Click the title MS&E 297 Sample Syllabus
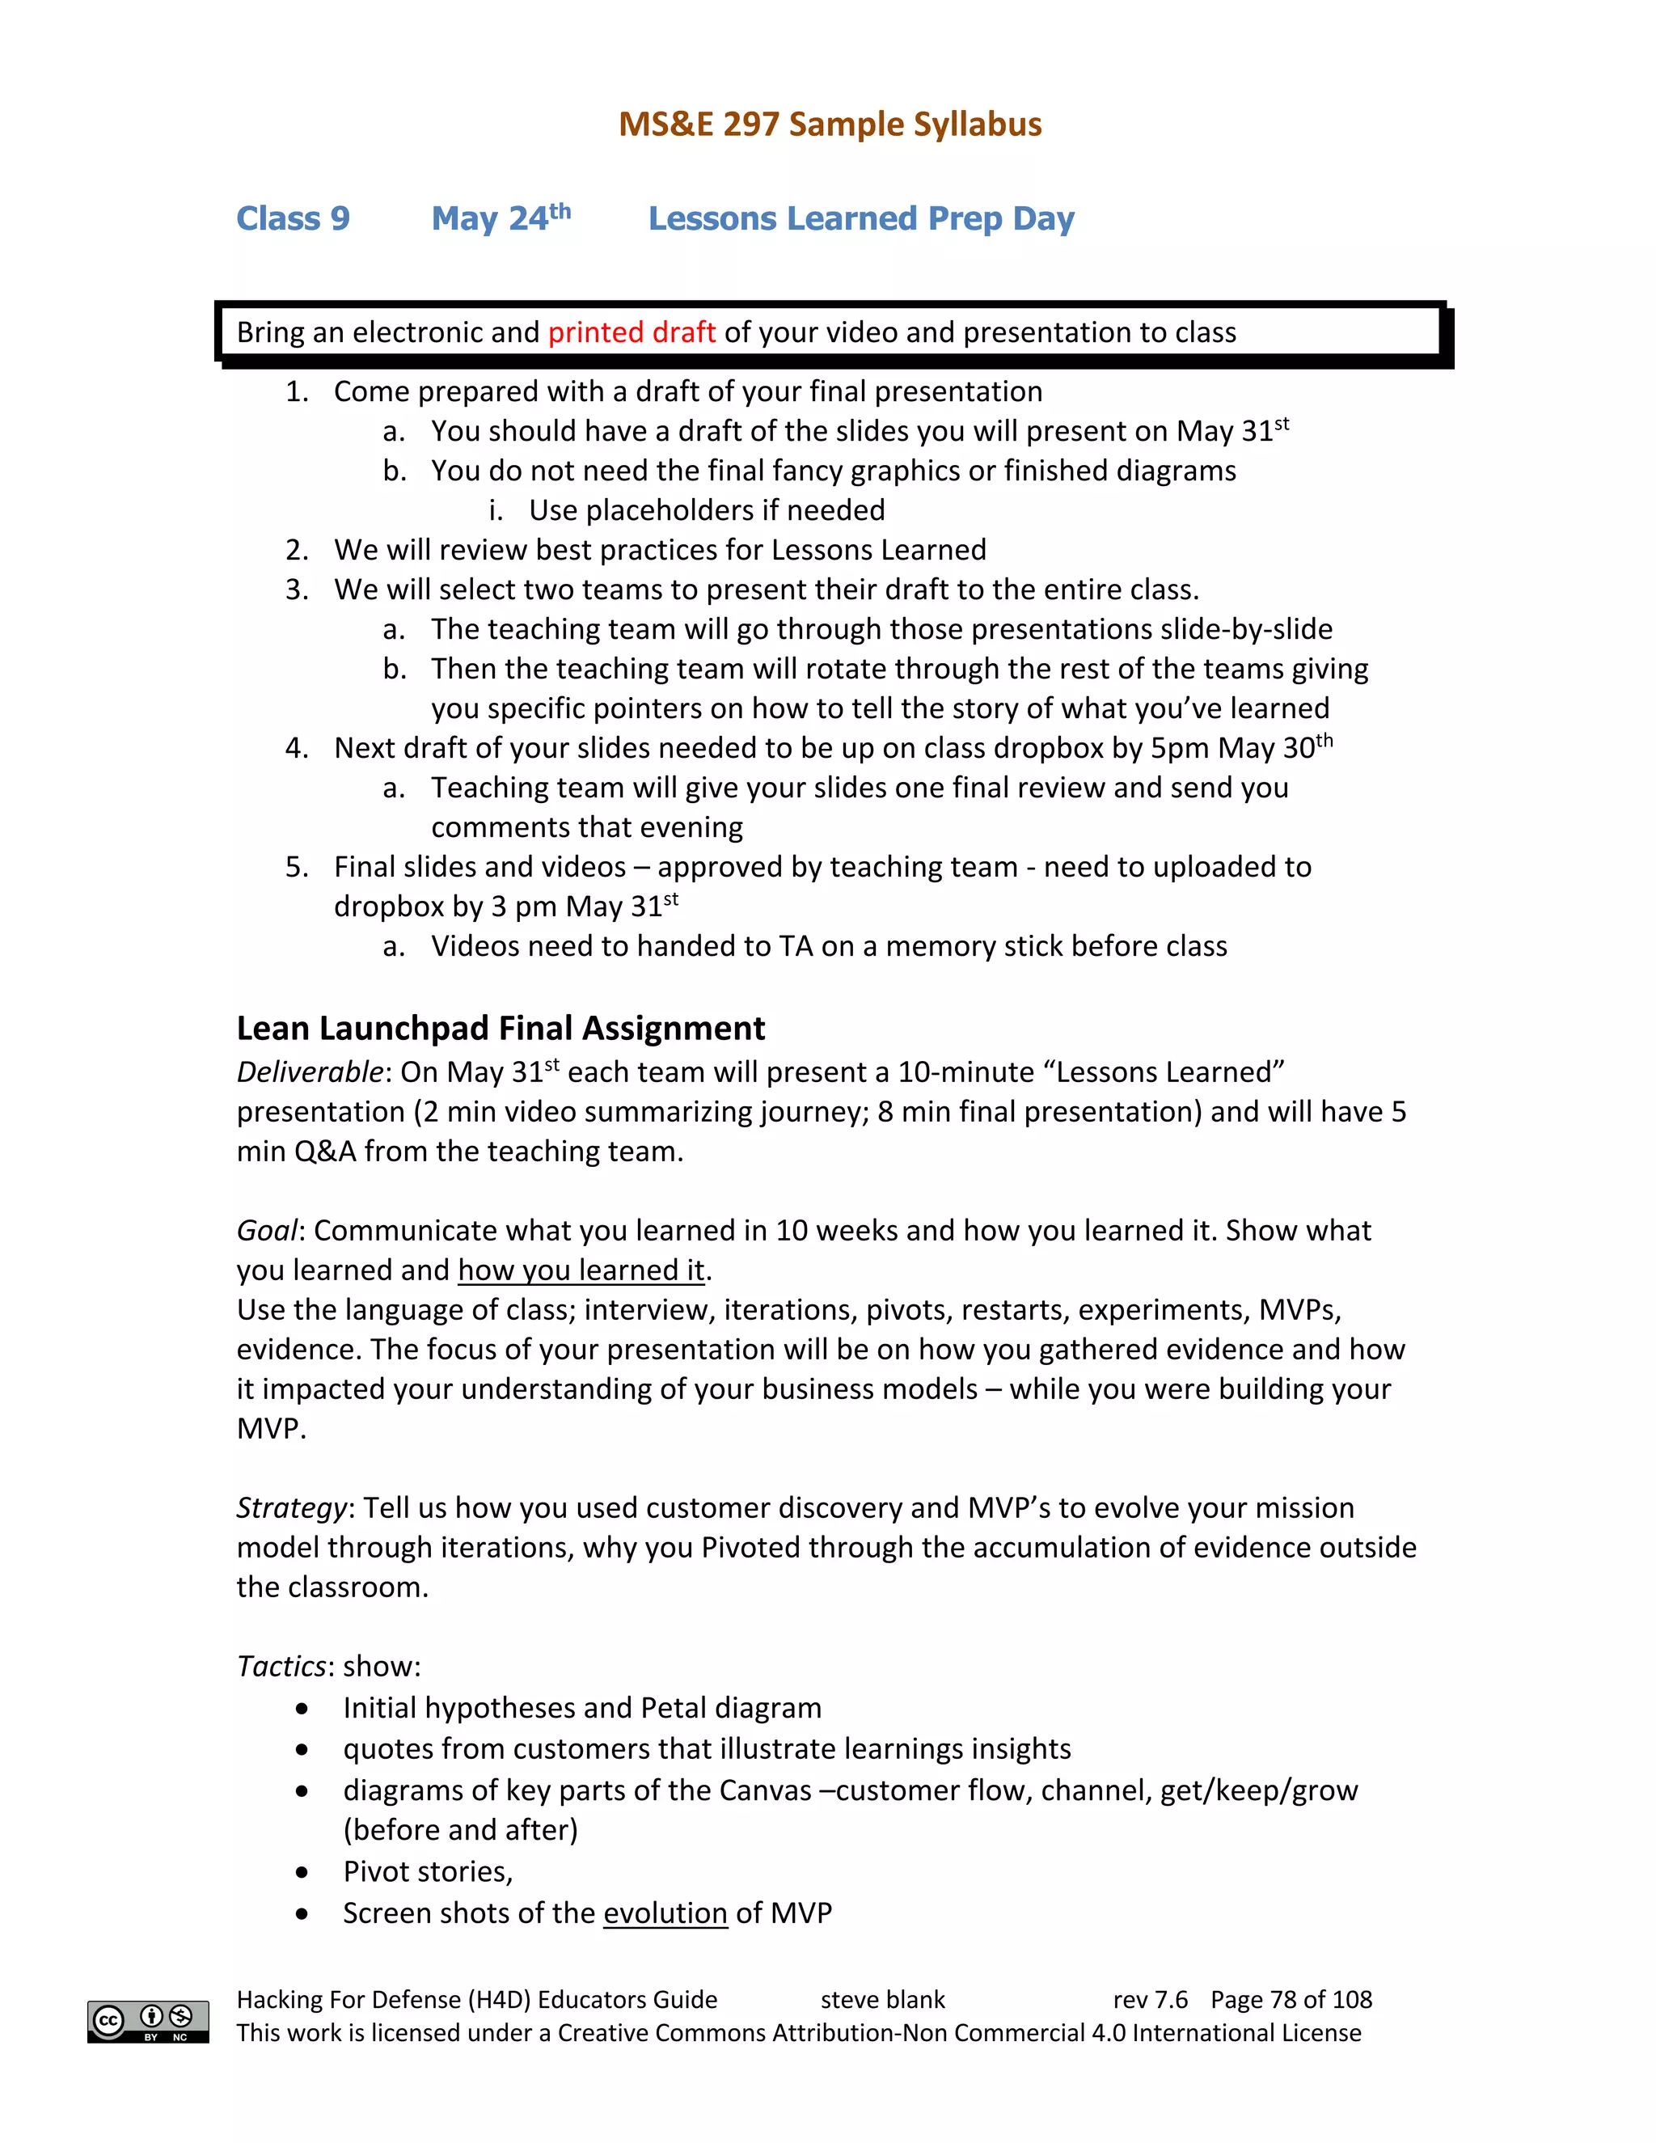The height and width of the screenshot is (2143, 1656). [829, 125]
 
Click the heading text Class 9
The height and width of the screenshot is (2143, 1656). [293, 219]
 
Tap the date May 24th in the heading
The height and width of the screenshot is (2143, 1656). [501, 218]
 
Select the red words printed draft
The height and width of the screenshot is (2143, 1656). [631, 332]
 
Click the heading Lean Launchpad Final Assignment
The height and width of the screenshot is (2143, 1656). [501, 1029]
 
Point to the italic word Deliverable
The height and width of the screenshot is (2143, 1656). [308, 1072]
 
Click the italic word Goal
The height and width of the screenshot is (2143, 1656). [266, 1231]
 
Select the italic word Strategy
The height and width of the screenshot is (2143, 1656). [291, 1508]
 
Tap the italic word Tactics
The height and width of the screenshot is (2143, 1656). [281, 1666]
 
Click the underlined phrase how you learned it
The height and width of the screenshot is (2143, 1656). [581, 1270]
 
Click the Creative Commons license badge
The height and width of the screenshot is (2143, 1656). [148, 2022]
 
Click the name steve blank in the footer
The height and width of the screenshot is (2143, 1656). [882, 2000]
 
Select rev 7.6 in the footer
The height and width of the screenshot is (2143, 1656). [1149, 2000]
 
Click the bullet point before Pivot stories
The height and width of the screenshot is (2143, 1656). [302, 1872]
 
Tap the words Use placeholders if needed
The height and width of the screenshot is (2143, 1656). [707, 510]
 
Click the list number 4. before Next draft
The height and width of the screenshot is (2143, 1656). [296, 749]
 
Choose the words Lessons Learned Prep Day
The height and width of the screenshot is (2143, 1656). [860, 219]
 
